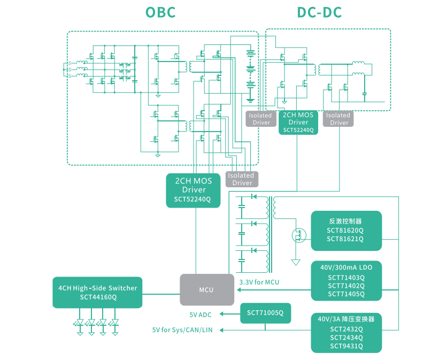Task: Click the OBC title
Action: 160,13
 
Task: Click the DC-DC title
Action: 319,13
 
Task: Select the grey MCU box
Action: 206,290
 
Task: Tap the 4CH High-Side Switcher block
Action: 97,292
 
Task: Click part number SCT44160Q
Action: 98,297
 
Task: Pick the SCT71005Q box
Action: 265,313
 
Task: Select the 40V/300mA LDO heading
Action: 346,267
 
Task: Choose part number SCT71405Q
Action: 346,294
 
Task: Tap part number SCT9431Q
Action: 346,346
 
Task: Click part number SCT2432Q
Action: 346,329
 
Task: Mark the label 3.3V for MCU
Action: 259,282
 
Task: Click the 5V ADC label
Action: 201,315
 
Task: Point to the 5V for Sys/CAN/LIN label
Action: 182,330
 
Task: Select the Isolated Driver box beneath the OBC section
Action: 242,179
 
